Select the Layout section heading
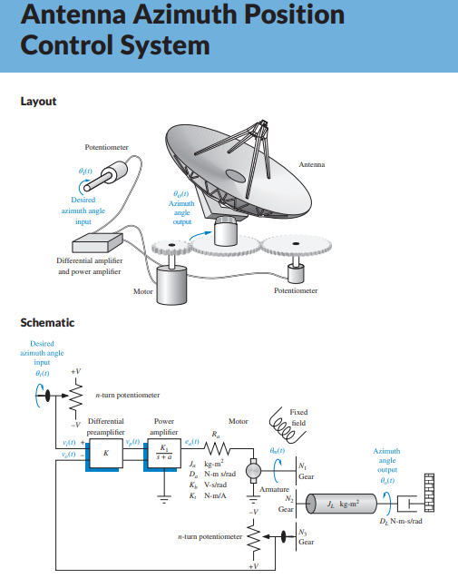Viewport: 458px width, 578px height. (38, 101)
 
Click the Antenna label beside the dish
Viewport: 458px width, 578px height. (311, 164)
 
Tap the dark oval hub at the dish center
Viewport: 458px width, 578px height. (234, 174)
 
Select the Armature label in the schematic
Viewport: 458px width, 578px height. (274, 489)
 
